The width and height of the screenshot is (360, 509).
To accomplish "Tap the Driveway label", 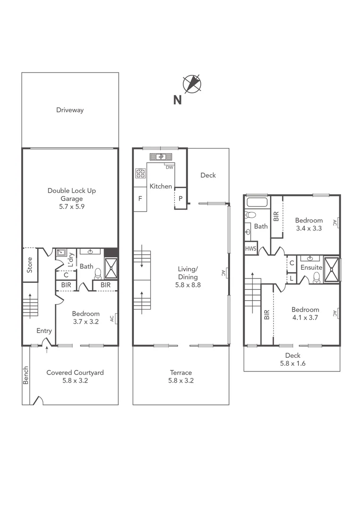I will (x=70, y=110).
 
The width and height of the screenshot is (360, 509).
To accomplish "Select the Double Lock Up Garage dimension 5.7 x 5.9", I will (x=72, y=206).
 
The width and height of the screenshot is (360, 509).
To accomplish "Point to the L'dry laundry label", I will (x=71, y=260).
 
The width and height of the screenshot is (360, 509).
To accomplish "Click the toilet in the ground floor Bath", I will (x=98, y=273).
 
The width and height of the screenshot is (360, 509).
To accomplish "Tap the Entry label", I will (x=44, y=331).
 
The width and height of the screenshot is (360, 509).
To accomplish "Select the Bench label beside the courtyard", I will (x=26, y=375).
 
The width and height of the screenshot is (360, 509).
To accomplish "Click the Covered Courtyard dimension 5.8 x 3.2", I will (x=75, y=380).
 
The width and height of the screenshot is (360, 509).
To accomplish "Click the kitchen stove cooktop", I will (x=140, y=173).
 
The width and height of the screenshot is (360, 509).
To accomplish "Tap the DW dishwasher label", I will (x=169, y=167).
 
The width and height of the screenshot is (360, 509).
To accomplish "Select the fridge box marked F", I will (x=140, y=199).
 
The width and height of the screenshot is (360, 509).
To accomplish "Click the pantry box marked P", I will (x=180, y=198).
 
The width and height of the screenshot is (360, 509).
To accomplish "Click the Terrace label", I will (x=181, y=372).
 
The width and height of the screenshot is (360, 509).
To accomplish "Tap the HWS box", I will (x=250, y=248).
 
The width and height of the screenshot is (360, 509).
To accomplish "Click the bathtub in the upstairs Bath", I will (x=257, y=203).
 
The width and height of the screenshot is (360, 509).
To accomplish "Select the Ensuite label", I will (x=311, y=267).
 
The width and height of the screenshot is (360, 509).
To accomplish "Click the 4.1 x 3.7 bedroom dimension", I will (x=305, y=317).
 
